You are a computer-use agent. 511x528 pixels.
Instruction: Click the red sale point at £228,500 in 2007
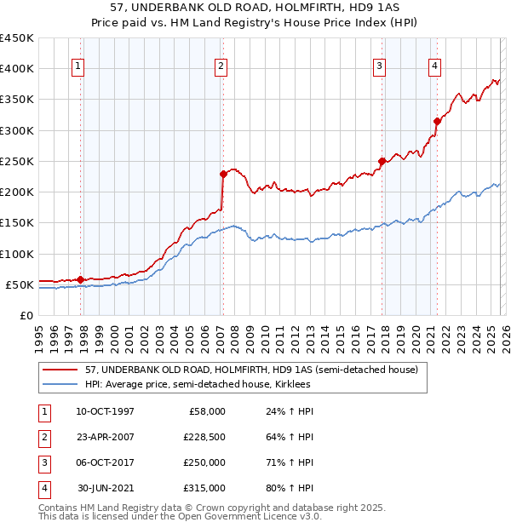[223, 174]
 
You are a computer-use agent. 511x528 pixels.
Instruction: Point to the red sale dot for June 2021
[437, 121]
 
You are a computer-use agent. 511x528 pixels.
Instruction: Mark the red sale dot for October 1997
[80, 279]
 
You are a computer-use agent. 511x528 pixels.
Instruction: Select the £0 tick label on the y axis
[27, 315]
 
